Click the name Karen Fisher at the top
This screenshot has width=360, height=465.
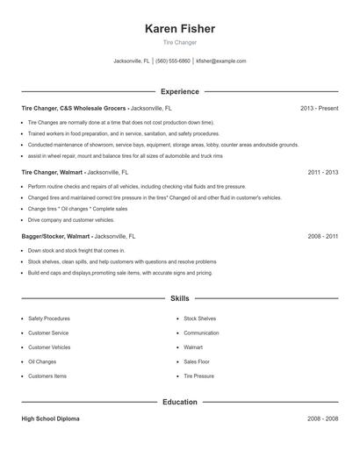(x=180, y=29)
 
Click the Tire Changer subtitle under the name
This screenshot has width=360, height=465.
(x=180, y=42)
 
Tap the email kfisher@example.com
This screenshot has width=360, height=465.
(x=221, y=61)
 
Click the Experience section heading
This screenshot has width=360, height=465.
(x=180, y=91)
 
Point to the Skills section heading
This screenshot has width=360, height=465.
(x=180, y=299)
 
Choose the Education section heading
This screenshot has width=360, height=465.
(x=180, y=403)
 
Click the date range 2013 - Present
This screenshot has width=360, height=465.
(x=319, y=108)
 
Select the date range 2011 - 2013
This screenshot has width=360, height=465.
(x=323, y=173)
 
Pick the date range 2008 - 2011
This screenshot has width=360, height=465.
(x=323, y=237)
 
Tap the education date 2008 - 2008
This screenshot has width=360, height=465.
(x=323, y=419)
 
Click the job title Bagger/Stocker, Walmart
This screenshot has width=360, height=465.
(x=55, y=237)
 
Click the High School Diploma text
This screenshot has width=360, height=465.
(x=50, y=419)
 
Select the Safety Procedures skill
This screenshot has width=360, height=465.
(x=49, y=318)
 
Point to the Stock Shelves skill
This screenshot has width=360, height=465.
(x=200, y=318)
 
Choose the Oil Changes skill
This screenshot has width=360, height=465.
(x=42, y=361)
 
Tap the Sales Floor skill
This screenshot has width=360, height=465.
(x=197, y=361)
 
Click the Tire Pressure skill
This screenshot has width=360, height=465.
(x=199, y=376)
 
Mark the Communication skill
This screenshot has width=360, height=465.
(x=202, y=333)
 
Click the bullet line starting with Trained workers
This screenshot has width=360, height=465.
(x=123, y=133)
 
